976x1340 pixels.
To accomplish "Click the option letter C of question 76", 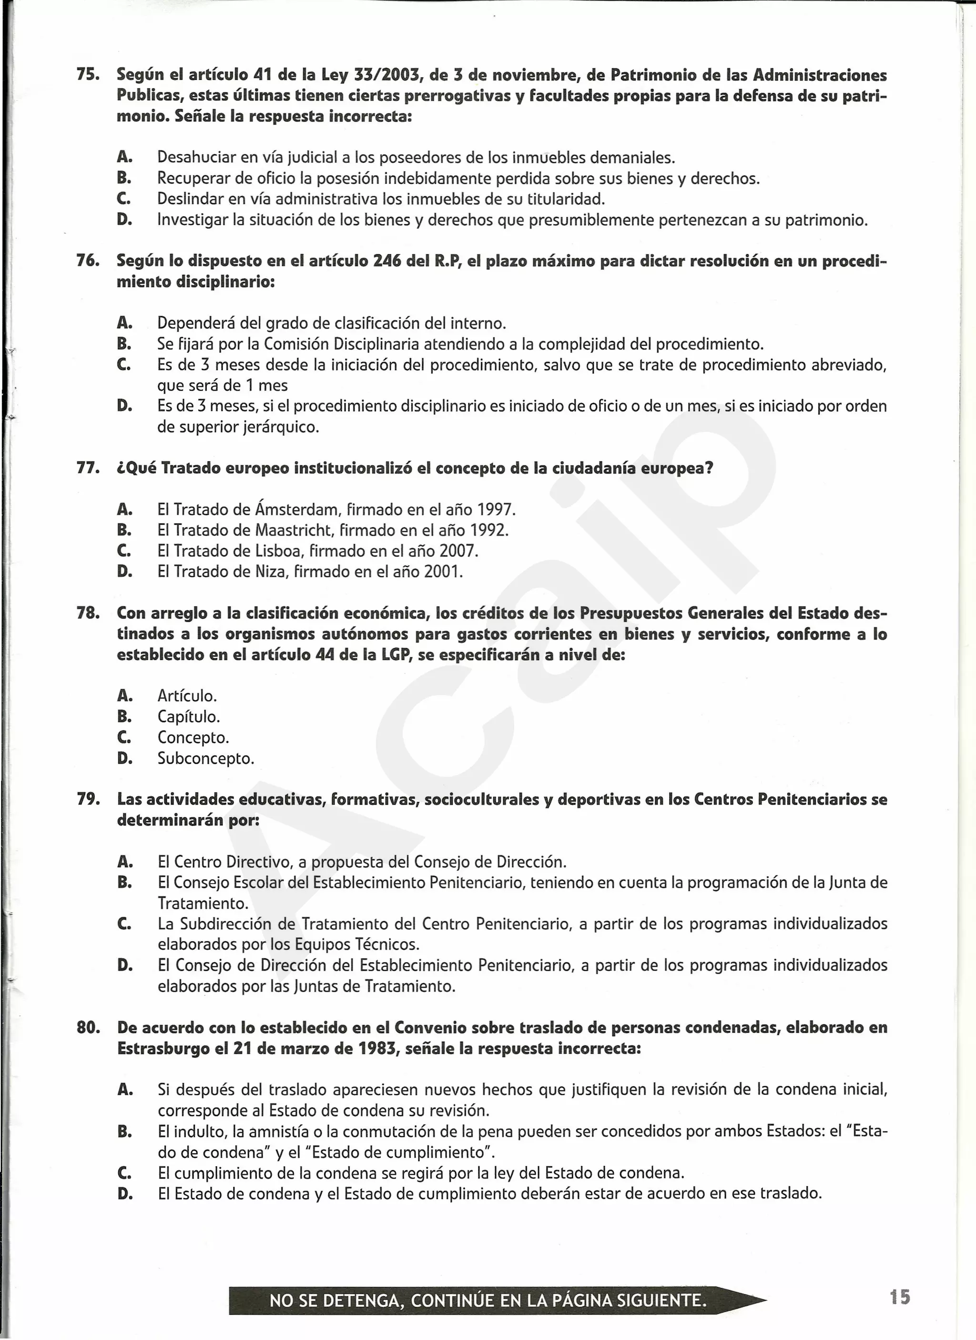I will coord(124,364).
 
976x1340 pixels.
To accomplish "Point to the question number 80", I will coord(88,1028).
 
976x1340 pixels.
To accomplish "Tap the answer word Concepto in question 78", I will coord(193,737).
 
